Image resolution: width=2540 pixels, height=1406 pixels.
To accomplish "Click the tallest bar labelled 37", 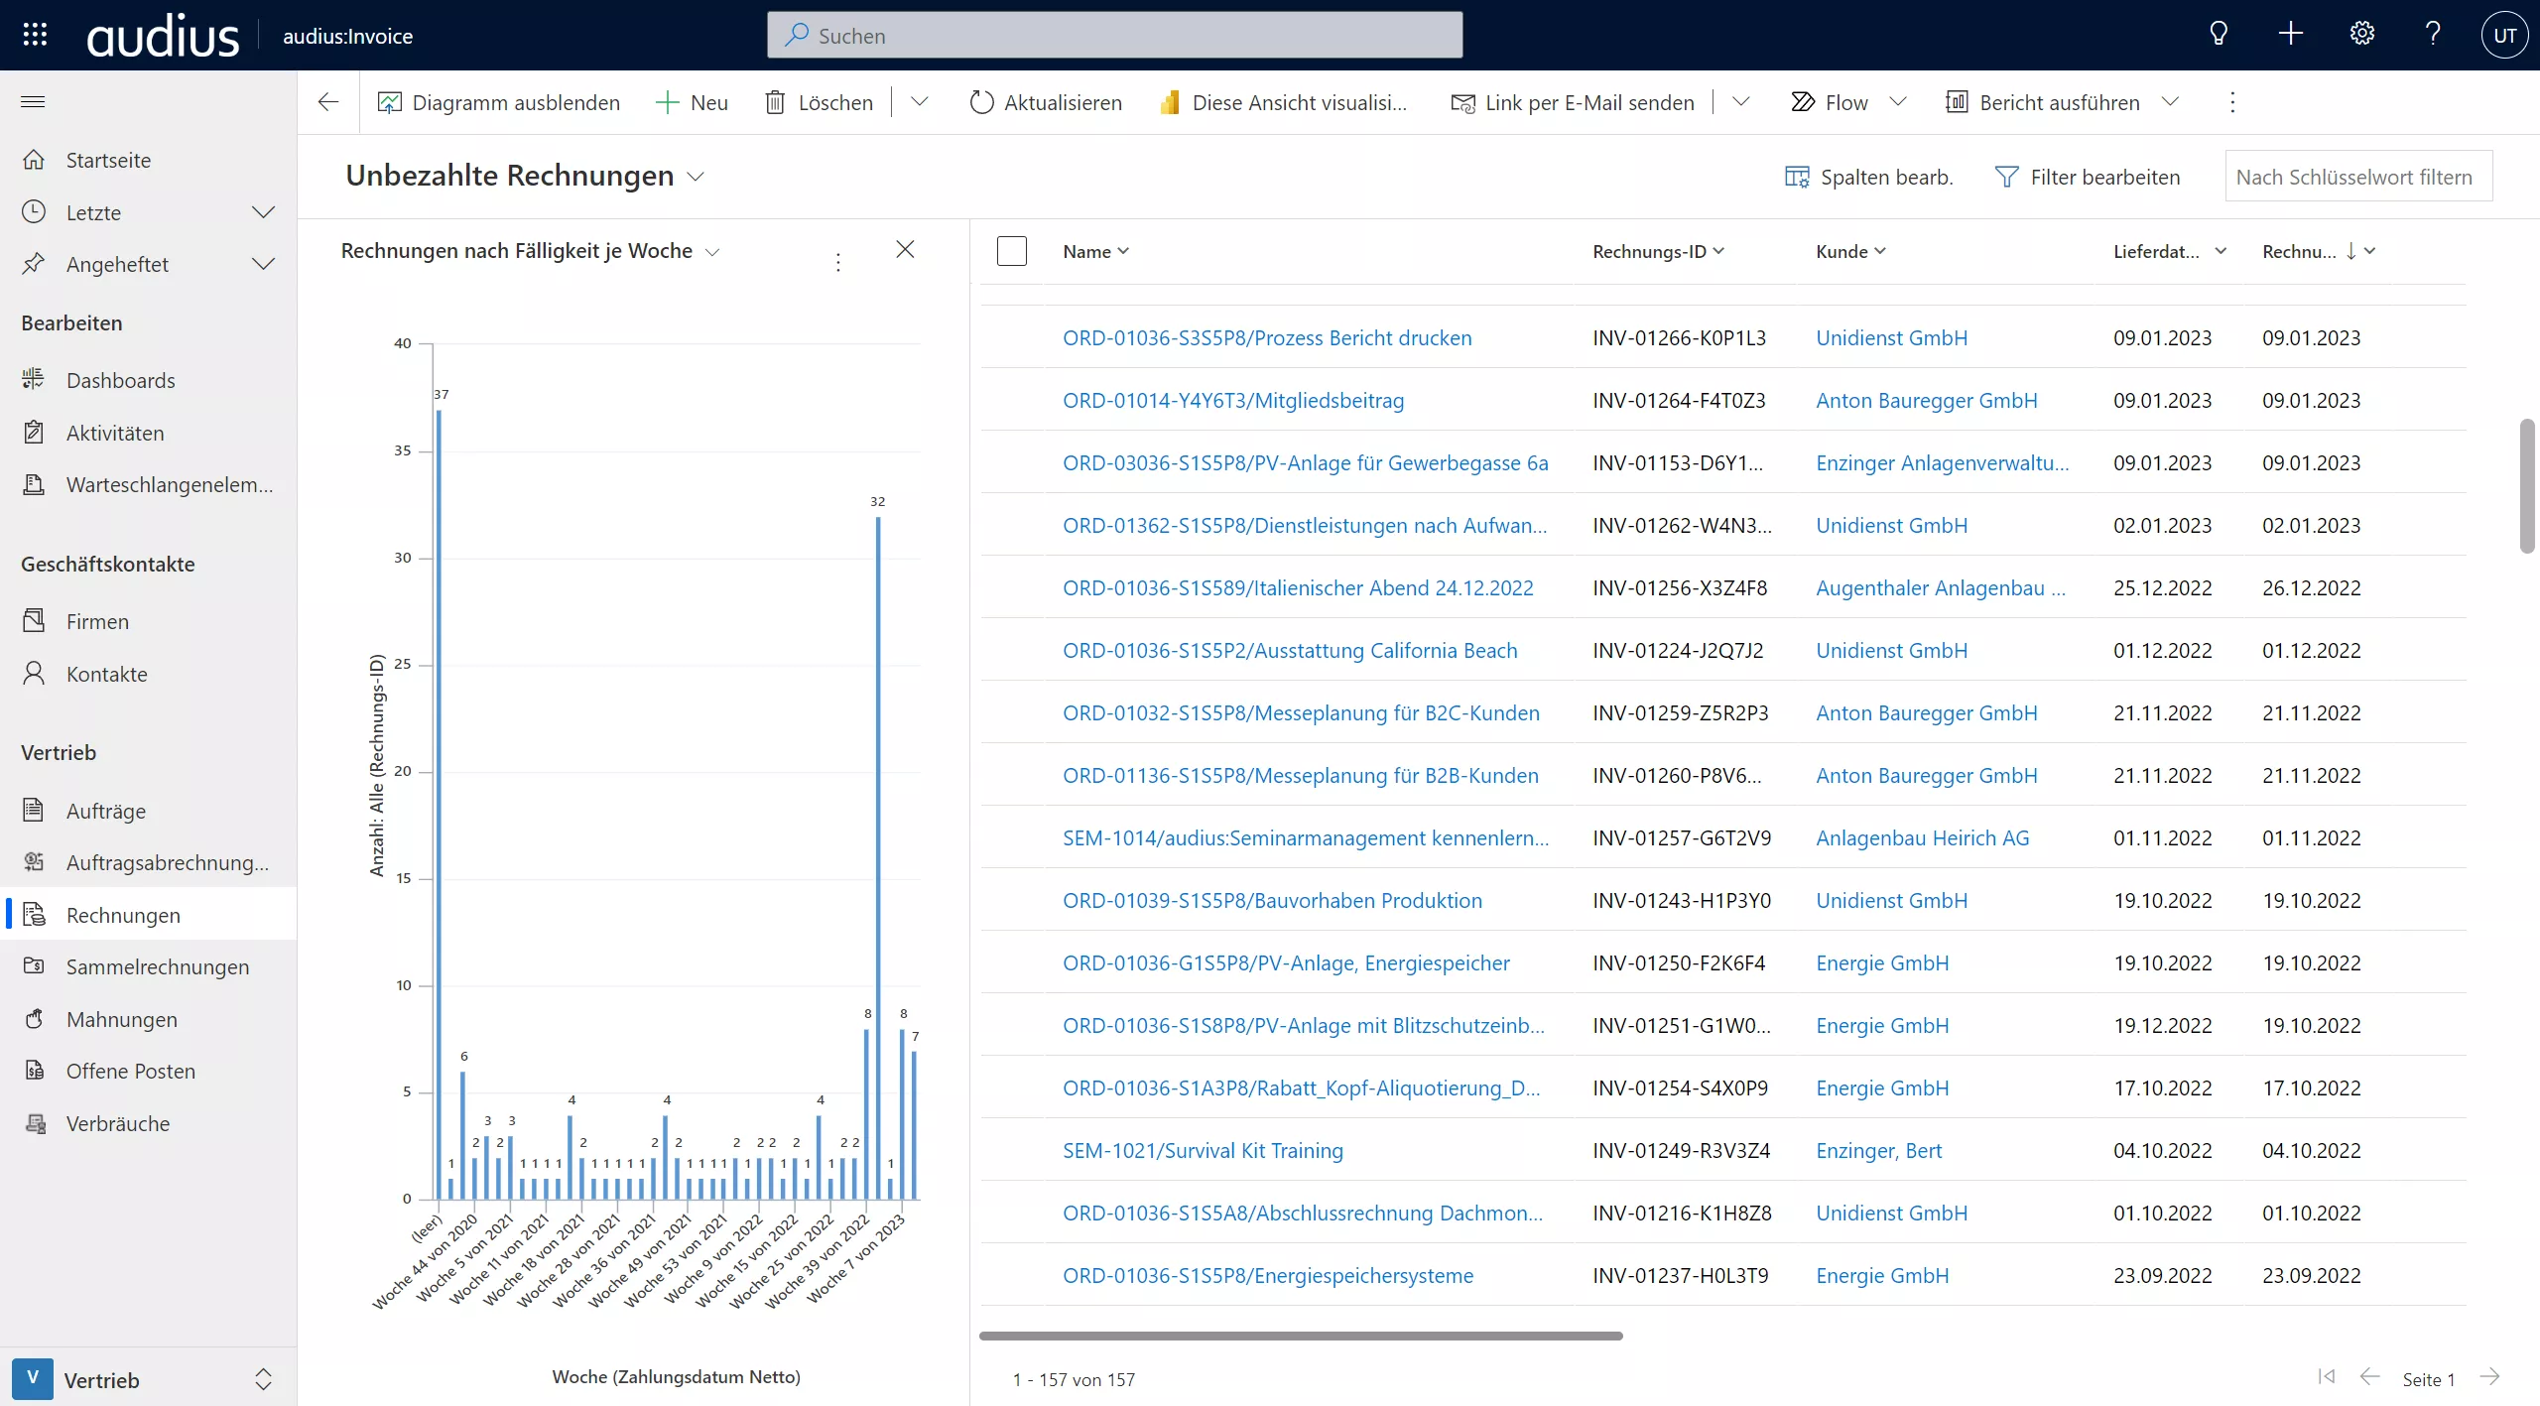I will pyautogui.click(x=439, y=804).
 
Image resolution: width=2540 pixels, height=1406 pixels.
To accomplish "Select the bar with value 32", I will pyautogui.click(x=878, y=858).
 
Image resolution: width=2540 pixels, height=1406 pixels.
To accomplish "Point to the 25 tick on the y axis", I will pyautogui.click(x=403, y=664).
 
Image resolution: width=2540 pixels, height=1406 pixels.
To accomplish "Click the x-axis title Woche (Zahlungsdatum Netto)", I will pyautogui.click(x=676, y=1376).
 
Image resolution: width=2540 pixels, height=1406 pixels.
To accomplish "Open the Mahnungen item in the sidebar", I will pyautogui.click(x=121, y=1019).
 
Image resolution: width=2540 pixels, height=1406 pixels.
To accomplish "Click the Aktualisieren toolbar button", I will pyautogui.click(x=1046, y=102).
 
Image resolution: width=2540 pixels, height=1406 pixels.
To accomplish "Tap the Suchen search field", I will pyautogui.click(x=1114, y=36).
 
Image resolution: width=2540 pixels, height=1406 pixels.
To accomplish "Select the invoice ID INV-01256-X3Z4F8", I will pyautogui.click(x=1679, y=587).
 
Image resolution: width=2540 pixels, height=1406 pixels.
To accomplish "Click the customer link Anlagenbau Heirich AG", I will pyautogui.click(x=1922, y=837).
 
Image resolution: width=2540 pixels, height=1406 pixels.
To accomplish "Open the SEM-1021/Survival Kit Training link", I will pyautogui.click(x=1203, y=1150).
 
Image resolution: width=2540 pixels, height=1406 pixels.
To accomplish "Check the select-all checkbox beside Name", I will pyautogui.click(x=1011, y=251).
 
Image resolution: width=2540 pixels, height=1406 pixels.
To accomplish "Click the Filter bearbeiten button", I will pyautogui.click(x=2088, y=177).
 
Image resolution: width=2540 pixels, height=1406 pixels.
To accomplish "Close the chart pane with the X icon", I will pyautogui.click(x=905, y=249).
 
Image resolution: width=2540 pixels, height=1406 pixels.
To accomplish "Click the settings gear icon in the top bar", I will pyautogui.click(x=2361, y=35).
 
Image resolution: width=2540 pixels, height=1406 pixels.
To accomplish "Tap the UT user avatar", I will pyautogui.click(x=2504, y=36).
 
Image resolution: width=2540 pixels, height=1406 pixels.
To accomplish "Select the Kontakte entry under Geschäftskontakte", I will pyautogui.click(x=106, y=674).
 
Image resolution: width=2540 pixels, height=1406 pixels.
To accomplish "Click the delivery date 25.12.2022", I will pyautogui.click(x=2162, y=587).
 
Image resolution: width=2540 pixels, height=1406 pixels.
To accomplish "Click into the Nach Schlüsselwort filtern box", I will pyautogui.click(x=2357, y=177).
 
